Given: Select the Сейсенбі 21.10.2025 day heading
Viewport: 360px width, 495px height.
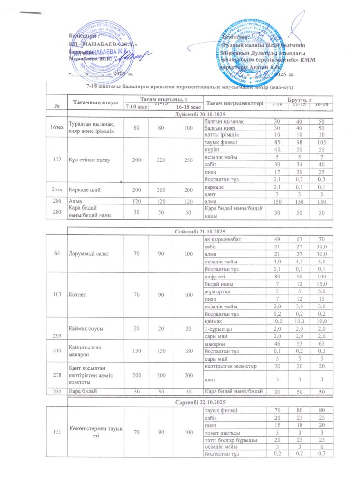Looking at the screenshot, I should [200, 233].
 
